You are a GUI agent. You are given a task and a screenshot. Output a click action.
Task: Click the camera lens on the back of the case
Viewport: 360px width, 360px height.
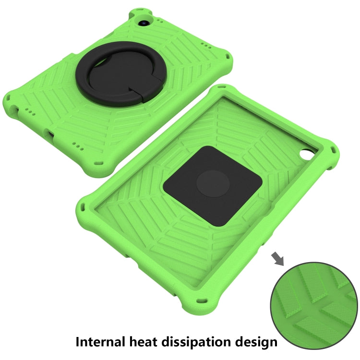(144, 23)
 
